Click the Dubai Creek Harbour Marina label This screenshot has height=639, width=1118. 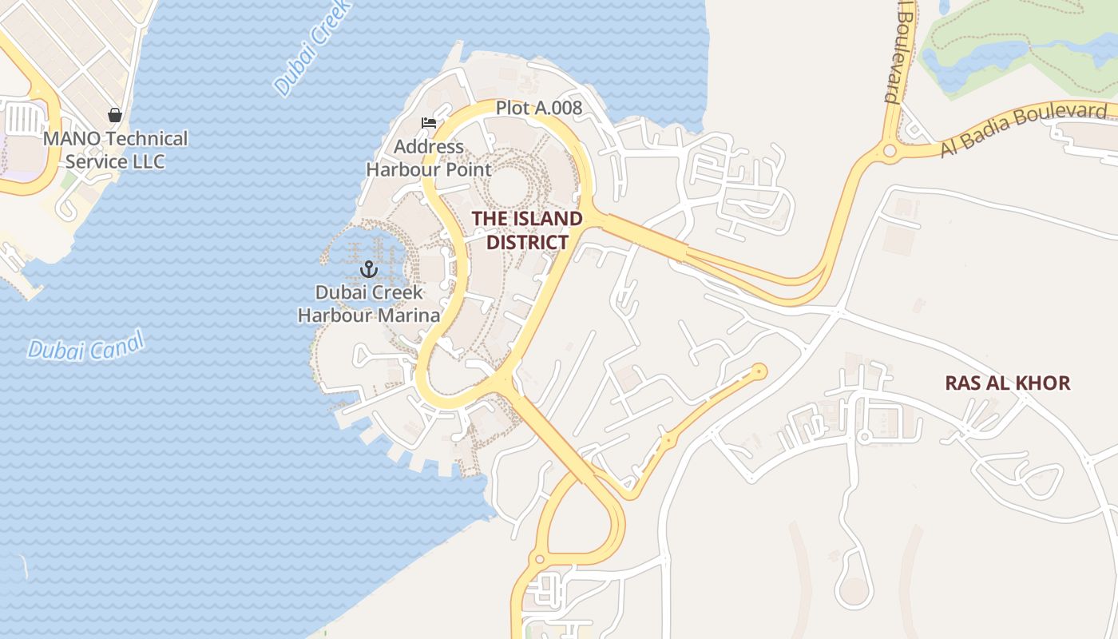coord(369,304)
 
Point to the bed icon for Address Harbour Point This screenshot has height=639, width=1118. coord(429,123)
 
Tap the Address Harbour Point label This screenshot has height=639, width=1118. coord(429,158)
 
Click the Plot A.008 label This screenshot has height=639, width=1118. coord(539,108)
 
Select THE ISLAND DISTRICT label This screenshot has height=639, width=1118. coord(527,230)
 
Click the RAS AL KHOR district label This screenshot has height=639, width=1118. coord(1008,383)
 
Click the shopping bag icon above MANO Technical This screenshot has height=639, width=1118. coord(115,115)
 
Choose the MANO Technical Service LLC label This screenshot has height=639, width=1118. coord(115,150)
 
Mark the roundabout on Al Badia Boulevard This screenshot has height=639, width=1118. coord(890,150)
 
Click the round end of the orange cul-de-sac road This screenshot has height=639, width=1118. coord(758,371)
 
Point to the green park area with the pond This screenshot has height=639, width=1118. coord(1014,48)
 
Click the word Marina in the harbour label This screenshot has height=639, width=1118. coord(410,316)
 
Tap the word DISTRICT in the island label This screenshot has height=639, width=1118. coord(527,242)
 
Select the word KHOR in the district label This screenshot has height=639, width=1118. coord(1043,383)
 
